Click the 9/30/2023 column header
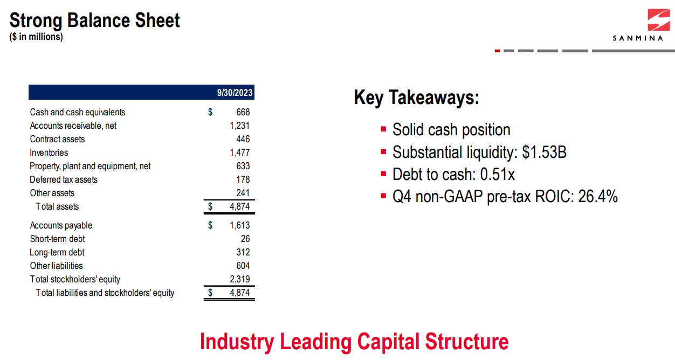pyautogui.click(x=235, y=93)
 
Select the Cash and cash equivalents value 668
pyautogui.click(x=243, y=112)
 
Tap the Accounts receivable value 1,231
pyautogui.click(x=239, y=126)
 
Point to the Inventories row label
pyautogui.click(x=49, y=153)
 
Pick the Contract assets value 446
pyautogui.click(x=243, y=139)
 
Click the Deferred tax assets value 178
pyautogui.click(x=243, y=179)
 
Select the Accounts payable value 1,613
pyautogui.click(x=239, y=225)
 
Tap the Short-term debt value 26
pyautogui.click(x=245, y=239)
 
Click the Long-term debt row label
pyautogui.click(x=57, y=252)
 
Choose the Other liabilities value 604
pyautogui.click(x=243, y=266)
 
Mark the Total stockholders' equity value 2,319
pyautogui.click(x=239, y=279)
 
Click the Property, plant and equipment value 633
pyautogui.click(x=243, y=166)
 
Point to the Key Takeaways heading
pyautogui.click(x=416, y=98)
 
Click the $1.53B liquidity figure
pyautogui.click(x=544, y=153)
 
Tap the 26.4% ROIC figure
pyautogui.click(x=597, y=197)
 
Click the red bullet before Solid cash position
pyautogui.click(x=383, y=129)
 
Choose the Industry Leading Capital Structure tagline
pyautogui.click(x=354, y=342)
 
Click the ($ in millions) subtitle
pyautogui.click(x=36, y=37)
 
